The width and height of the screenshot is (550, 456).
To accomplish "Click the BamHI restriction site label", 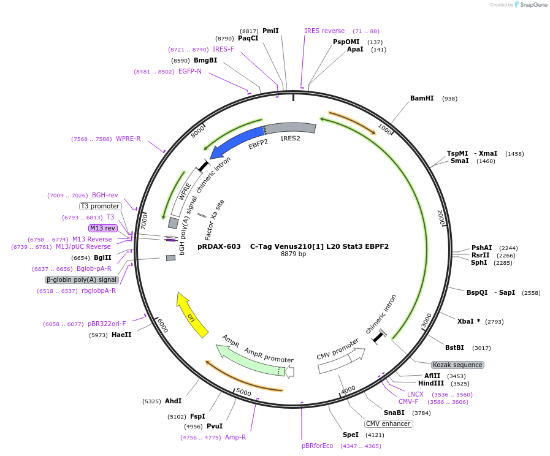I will click(x=422, y=98).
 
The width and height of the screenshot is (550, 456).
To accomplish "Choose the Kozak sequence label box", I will click(x=457, y=365).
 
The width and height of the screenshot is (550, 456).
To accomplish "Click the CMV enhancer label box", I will click(x=389, y=424).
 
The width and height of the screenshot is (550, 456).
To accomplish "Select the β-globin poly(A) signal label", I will click(x=82, y=279).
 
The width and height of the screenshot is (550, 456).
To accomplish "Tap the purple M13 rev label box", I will click(x=102, y=228).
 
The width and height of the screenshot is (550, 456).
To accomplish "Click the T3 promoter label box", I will click(x=100, y=206).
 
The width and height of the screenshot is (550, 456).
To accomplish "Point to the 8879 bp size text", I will click(x=293, y=254).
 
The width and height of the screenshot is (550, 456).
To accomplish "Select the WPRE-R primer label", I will click(x=128, y=139).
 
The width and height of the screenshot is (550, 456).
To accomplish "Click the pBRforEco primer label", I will click(x=317, y=446).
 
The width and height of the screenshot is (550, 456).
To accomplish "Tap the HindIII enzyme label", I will click(x=430, y=383).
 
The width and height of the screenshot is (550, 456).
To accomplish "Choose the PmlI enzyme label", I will click(x=270, y=31).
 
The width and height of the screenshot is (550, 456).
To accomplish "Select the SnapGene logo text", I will click(x=530, y=5).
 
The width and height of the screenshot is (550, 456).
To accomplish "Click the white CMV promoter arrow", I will click(x=341, y=361).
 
